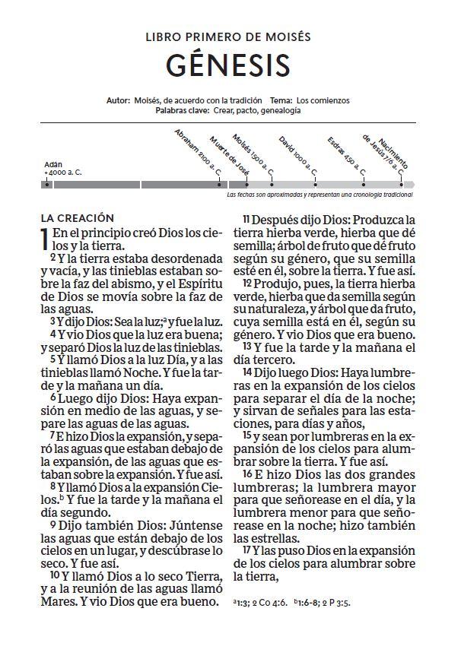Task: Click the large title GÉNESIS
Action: pos(227,65)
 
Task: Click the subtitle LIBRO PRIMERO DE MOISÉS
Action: pos(227,36)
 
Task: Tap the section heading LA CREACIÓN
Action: pos(77,218)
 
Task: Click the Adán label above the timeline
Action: pos(52,164)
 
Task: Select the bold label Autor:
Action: pos(119,100)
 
